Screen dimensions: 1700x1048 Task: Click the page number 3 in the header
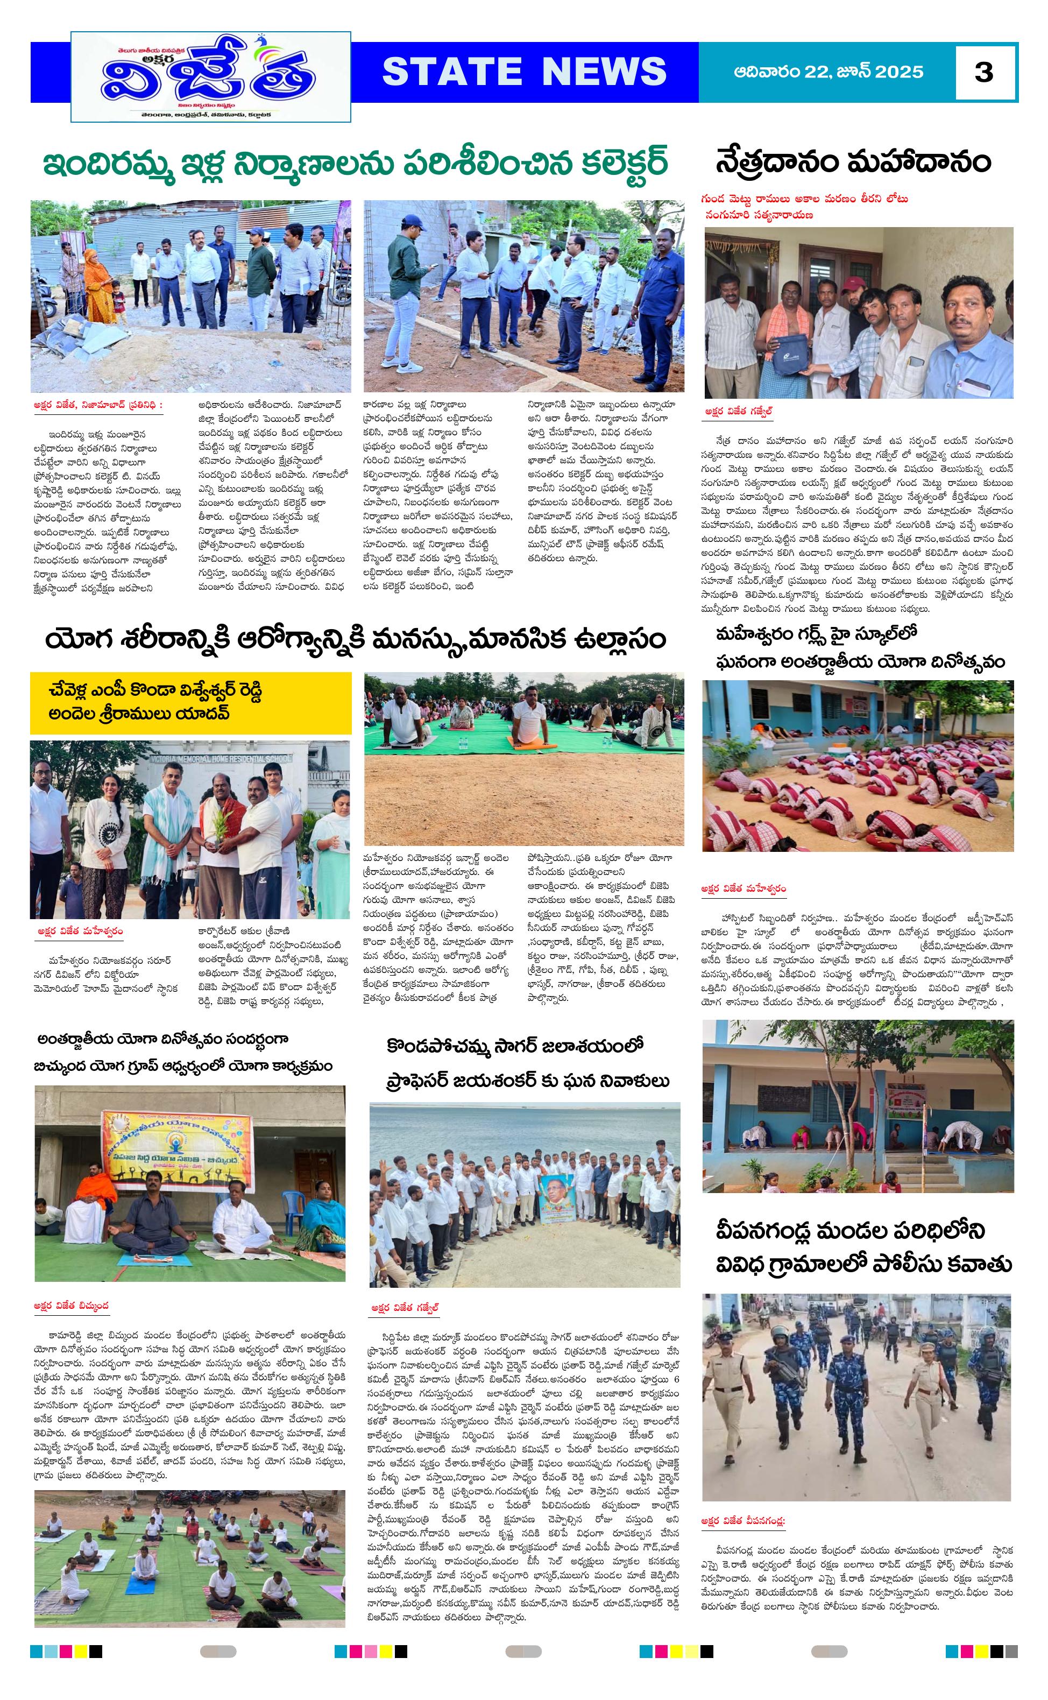(983, 72)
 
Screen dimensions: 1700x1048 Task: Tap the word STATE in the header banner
(451, 72)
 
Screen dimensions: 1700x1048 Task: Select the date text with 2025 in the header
(829, 72)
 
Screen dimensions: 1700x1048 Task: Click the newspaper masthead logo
(211, 76)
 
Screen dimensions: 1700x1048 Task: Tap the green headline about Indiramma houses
(356, 164)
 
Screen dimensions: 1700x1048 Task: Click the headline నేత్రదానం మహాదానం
(853, 161)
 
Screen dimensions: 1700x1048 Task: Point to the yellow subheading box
(190, 702)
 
